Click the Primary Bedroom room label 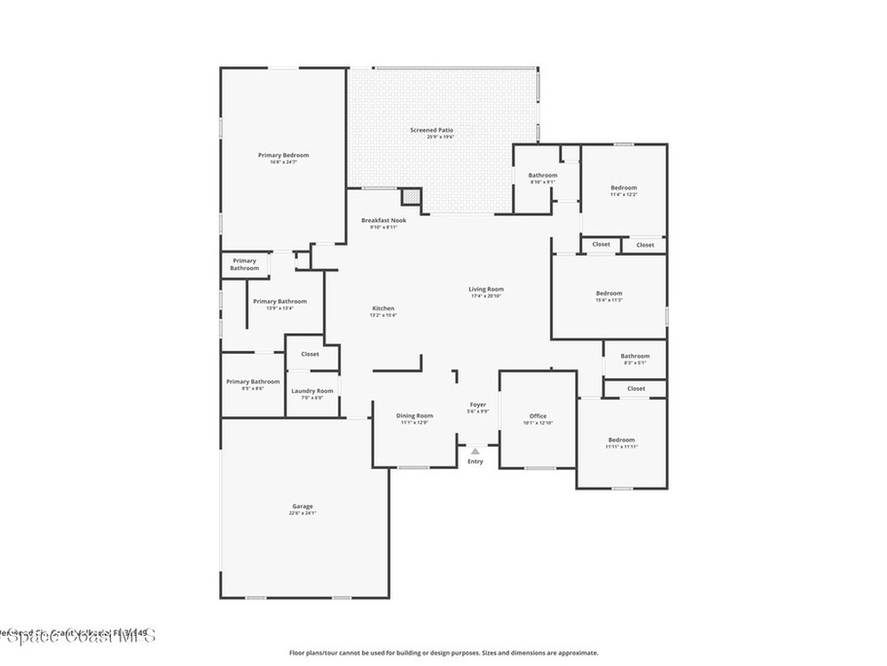tap(283, 155)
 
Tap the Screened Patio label tap(431, 130)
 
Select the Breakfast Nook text tap(384, 220)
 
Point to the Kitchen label tap(383, 309)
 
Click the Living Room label tap(486, 290)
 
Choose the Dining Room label tap(414, 416)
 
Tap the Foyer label tap(478, 405)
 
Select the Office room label tap(538, 416)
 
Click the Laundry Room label tap(312, 391)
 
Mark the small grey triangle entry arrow tap(475, 451)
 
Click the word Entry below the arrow tap(476, 461)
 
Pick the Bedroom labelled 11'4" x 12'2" tap(624, 188)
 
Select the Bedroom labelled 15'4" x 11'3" tap(609, 294)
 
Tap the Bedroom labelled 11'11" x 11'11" tap(622, 441)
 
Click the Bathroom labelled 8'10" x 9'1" tap(543, 176)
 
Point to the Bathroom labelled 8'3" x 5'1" tap(635, 356)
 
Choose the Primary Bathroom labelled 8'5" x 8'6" tap(253, 382)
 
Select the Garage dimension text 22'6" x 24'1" tap(302, 513)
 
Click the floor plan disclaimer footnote tap(443, 653)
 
